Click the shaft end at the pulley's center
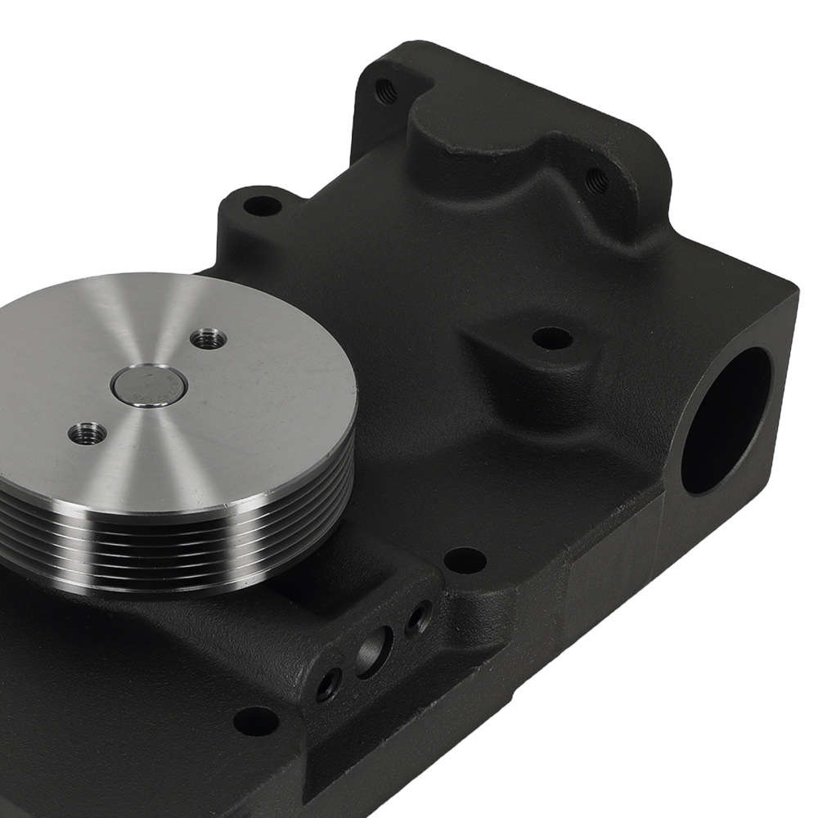(x=149, y=384)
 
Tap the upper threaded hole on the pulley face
(x=208, y=337)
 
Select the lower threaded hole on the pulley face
(x=88, y=433)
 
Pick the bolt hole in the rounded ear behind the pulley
(x=262, y=204)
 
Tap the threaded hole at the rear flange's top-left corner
(x=385, y=91)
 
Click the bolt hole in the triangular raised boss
(x=552, y=337)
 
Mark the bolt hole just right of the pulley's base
(x=465, y=560)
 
